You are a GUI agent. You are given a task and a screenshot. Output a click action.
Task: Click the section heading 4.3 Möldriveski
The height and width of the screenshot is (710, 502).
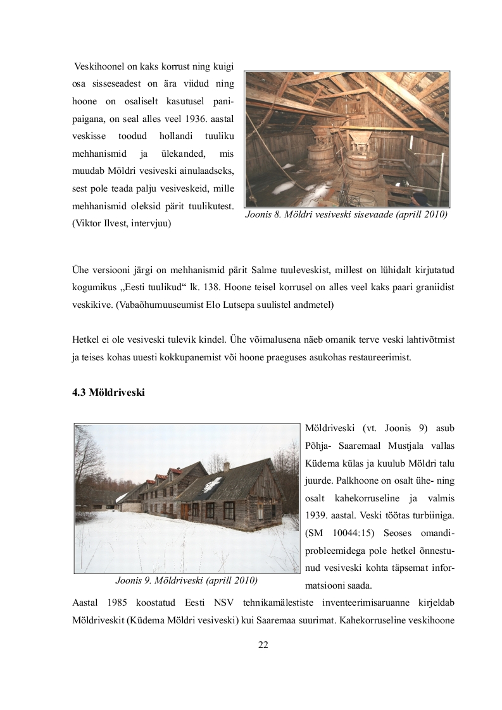tap(109, 393)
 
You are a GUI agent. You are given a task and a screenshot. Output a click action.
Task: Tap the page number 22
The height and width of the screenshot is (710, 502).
tap(263, 644)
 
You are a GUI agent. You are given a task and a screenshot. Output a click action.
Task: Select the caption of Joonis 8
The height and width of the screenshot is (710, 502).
tap(346, 215)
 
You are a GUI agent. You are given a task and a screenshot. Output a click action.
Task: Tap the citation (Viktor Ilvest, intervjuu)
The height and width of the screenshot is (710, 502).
tap(122, 223)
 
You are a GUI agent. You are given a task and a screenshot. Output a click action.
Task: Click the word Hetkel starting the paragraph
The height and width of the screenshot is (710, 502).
tap(86, 340)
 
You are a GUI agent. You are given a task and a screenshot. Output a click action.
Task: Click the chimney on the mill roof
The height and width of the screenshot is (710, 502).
tap(226, 467)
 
